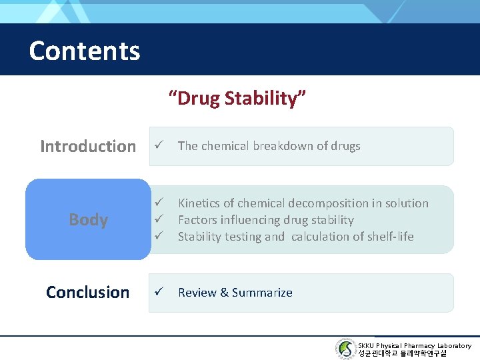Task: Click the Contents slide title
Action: click(85, 51)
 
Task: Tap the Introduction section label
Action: click(87, 146)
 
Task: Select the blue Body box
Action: click(88, 219)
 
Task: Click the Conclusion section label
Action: click(87, 292)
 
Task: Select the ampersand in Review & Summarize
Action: click(224, 292)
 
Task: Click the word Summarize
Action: click(262, 292)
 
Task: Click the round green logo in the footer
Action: click(345, 349)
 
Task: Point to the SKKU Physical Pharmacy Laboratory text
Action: click(414, 345)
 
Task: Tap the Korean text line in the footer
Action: click(403, 353)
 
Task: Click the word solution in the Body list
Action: click(407, 203)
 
